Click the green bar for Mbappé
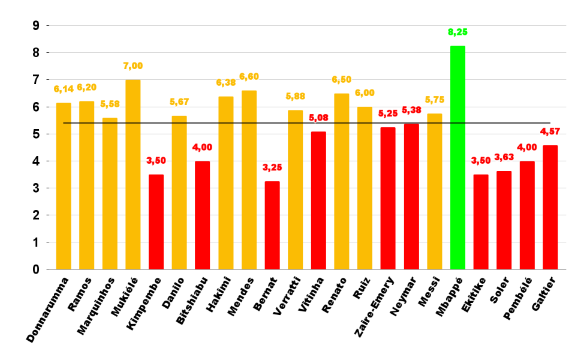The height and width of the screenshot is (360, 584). point(457,158)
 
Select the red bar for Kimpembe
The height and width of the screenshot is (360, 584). point(156,222)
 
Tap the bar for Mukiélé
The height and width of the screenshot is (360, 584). point(133,175)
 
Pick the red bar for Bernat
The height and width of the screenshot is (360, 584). point(272,225)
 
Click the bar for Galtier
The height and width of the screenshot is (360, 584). point(550,208)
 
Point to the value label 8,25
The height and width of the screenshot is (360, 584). point(457,31)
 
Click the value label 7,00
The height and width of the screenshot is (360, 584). point(133,65)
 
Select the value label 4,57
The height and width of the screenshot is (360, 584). point(550,131)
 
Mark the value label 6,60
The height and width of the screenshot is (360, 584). point(249,76)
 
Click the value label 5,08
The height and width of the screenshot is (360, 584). point(318,118)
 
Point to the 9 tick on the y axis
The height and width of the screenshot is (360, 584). point(36,26)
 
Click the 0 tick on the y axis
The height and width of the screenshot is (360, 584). point(36,269)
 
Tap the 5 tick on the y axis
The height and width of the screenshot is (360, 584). point(36,134)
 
